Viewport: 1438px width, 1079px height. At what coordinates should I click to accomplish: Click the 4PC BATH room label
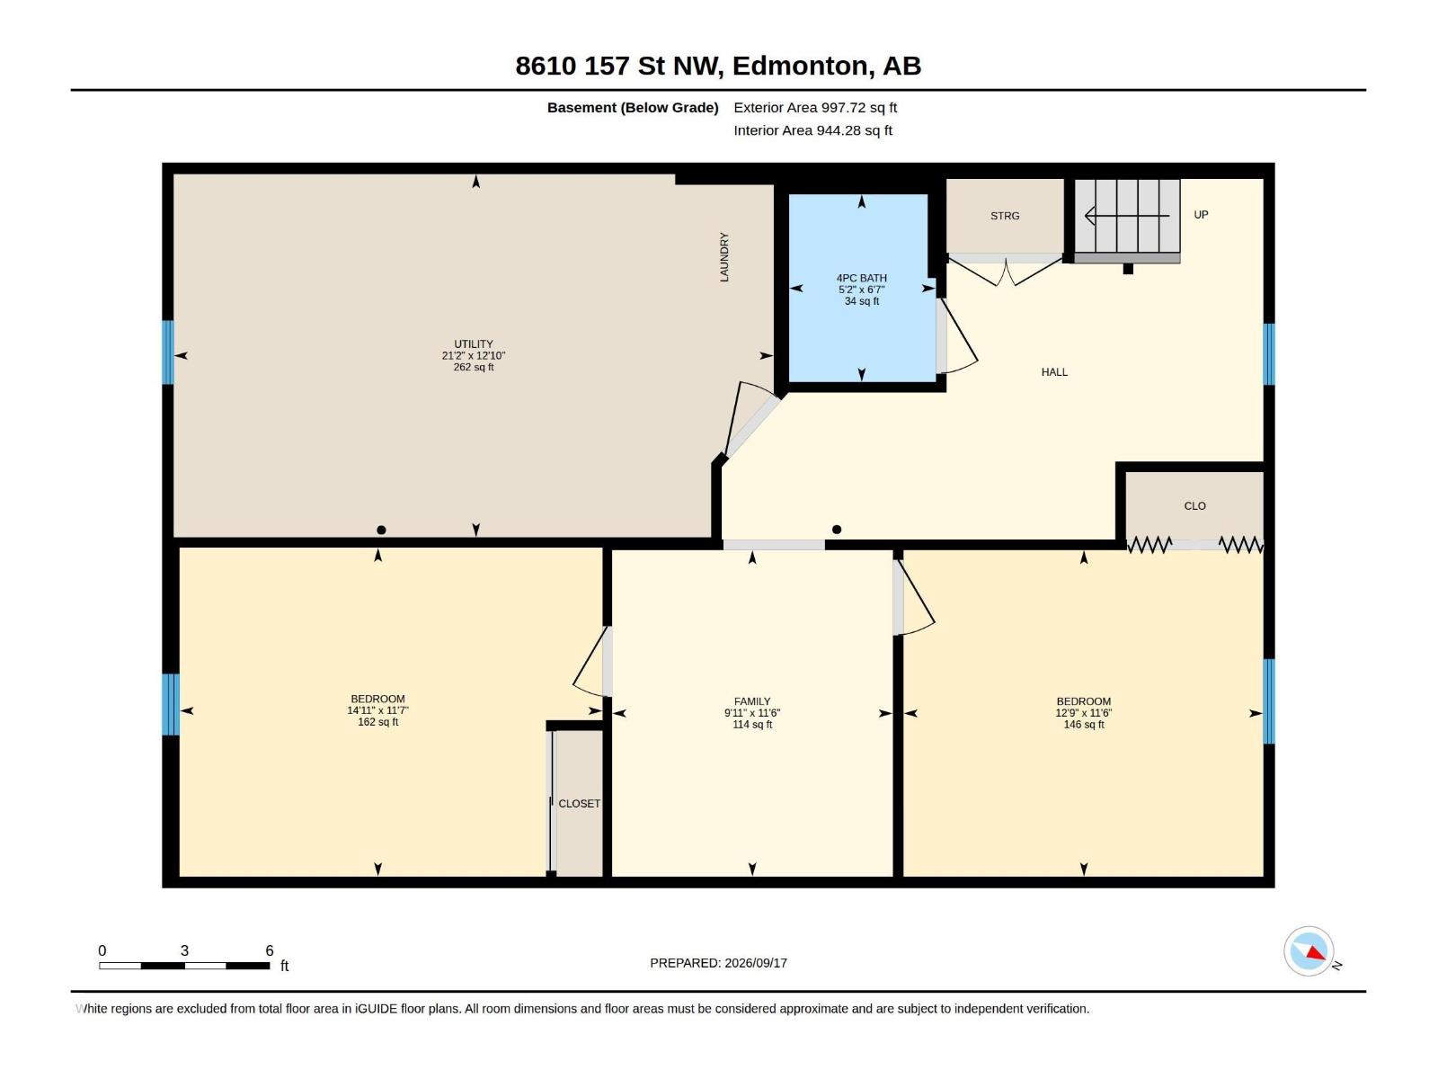(x=862, y=278)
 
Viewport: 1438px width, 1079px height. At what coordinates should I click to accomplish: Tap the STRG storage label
(x=1005, y=216)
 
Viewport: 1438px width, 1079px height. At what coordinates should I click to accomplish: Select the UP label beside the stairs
(x=1201, y=214)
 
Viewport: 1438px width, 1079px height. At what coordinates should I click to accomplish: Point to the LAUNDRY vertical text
(x=723, y=257)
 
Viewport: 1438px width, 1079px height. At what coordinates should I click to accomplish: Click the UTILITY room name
(x=474, y=344)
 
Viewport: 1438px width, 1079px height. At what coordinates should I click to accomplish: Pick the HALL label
(x=1055, y=372)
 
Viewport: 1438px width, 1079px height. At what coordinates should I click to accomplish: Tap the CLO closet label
(x=1195, y=505)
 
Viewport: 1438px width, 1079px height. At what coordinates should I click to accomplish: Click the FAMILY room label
(x=752, y=701)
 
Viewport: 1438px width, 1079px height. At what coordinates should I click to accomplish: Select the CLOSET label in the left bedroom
(x=579, y=803)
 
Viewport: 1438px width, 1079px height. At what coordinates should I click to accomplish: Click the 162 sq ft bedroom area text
(x=378, y=722)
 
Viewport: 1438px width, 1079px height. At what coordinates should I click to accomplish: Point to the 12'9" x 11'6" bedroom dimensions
(x=1084, y=713)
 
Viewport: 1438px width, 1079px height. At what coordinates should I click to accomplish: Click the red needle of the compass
(x=1316, y=953)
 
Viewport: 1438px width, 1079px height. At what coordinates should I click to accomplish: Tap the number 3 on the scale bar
(x=185, y=950)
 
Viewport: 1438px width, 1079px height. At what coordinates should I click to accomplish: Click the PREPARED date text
(x=719, y=963)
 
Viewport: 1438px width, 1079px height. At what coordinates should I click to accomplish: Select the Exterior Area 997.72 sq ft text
(x=815, y=107)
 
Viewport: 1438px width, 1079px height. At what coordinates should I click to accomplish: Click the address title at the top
(x=718, y=66)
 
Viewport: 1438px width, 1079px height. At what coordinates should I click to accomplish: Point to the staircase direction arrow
(x=1127, y=216)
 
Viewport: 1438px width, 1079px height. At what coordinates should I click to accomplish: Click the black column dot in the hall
(x=837, y=530)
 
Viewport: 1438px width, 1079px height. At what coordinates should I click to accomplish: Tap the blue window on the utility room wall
(x=168, y=352)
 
